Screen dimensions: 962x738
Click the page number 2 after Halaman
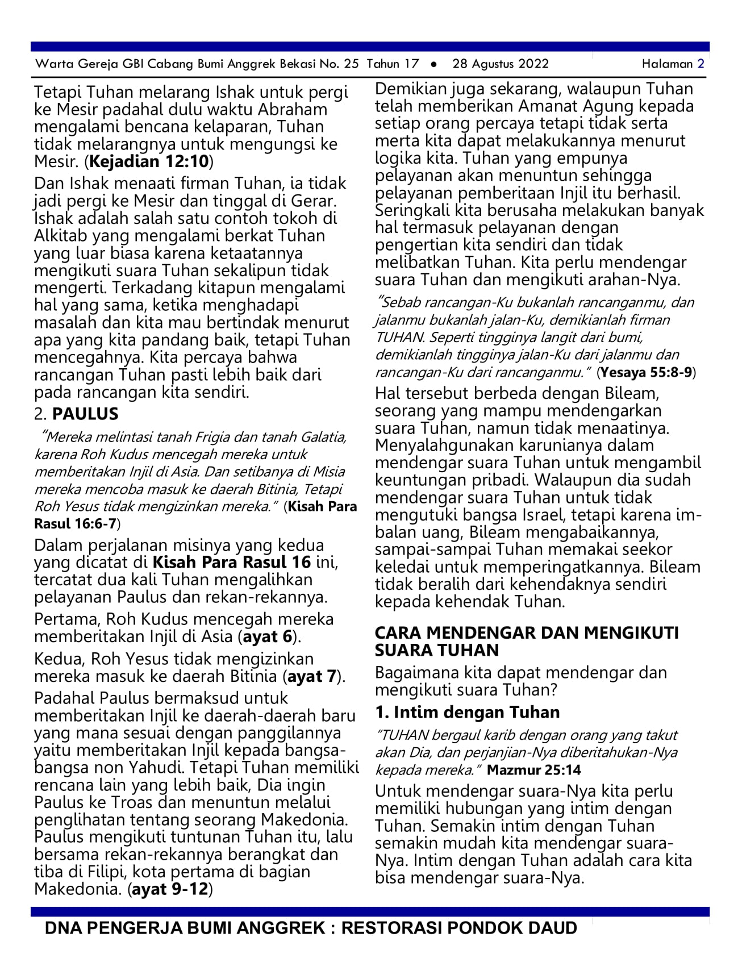[701, 64]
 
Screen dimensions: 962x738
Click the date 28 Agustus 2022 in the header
[500, 64]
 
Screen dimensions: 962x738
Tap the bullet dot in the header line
[433, 64]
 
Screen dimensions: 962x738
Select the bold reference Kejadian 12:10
[149, 162]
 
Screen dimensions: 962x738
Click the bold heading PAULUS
[85, 414]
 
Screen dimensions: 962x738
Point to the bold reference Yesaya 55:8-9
[647, 373]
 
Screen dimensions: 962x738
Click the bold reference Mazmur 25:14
[533, 770]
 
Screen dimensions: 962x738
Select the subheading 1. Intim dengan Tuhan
[468, 712]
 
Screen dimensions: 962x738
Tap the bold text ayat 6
[268, 636]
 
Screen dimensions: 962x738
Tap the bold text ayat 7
[312, 676]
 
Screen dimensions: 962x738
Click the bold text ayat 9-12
[170, 889]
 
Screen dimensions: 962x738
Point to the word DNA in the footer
[62, 928]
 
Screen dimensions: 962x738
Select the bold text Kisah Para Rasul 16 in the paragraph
[232, 563]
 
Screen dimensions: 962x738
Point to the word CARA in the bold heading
[398, 633]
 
